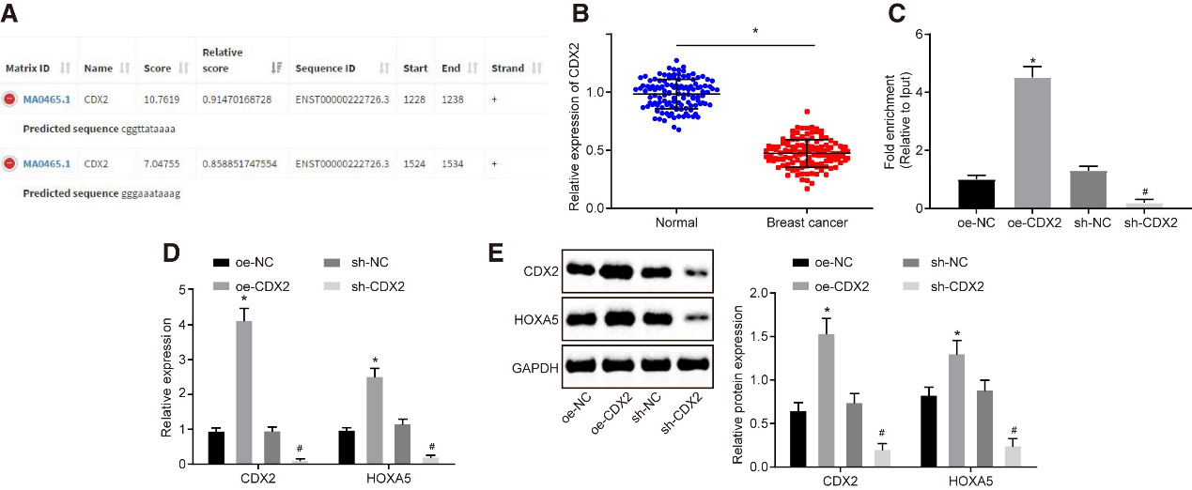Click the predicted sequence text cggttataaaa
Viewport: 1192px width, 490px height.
pos(148,128)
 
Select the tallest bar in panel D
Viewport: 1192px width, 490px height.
pos(243,392)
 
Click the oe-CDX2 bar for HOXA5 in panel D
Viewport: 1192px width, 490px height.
pos(374,421)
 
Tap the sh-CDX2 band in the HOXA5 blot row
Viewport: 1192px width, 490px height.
pos(690,318)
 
